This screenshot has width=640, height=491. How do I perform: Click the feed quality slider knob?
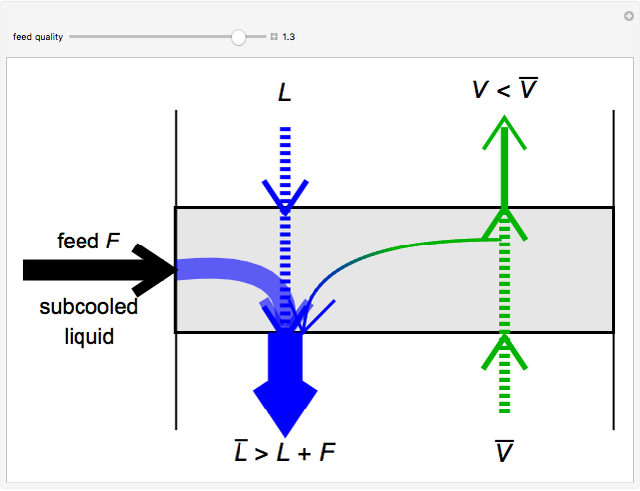(239, 37)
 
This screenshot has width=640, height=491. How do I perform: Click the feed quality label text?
(38, 37)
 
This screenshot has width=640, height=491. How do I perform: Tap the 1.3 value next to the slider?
(289, 37)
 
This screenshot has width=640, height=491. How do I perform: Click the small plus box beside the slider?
(274, 37)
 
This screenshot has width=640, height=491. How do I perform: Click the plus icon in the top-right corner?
(628, 15)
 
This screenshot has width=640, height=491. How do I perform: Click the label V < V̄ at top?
(506, 90)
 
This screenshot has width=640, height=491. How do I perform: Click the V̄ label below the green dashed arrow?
(505, 453)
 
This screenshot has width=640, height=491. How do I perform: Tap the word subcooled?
(88, 307)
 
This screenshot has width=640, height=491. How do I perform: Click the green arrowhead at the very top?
(505, 130)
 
